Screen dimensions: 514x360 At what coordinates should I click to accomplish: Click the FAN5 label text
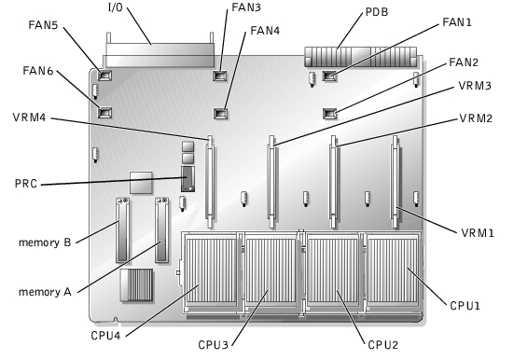pyautogui.click(x=43, y=25)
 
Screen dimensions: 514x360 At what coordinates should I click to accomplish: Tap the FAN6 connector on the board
pyautogui.click(x=104, y=113)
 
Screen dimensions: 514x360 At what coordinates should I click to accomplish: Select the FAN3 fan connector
pyautogui.click(x=220, y=76)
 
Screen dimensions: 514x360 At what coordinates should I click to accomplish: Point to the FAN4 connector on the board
pyautogui.click(x=221, y=114)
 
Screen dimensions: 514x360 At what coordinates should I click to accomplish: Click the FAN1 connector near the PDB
pyautogui.click(x=329, y=76)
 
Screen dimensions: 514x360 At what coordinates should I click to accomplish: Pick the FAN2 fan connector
pyautogui.click(x=330, y=114)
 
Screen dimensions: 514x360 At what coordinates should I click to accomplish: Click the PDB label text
pyautogui.click(x=377, y=12)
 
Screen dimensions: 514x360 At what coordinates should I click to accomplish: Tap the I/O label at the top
pyautogui.click(x=116, y=7)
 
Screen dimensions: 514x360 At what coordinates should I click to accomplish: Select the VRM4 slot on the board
pyautogui.click(x=210, y=181)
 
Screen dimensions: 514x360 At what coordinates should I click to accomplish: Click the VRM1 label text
pyautogui.click(x=478, y=233)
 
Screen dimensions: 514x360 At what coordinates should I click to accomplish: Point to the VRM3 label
pyautogui.click(x=475, y=86)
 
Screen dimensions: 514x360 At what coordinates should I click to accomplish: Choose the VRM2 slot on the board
pyautogui.click(x=334, y=181)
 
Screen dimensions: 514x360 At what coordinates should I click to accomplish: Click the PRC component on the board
pyautogui.click(x=188, y=179)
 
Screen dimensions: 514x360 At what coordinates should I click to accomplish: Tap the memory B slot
pyautogui.click(x=122, y=229)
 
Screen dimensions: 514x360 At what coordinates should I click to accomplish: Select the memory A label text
pyautogui.click(x=45, y=292)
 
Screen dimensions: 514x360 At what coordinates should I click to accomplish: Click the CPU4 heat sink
pyautogui.click(x=210, y=271)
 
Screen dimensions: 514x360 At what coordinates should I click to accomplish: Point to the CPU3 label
pyautogui.click(x=213, y=345)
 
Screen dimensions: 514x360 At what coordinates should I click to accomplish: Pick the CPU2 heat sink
pyautogui.click(x=332, y=271)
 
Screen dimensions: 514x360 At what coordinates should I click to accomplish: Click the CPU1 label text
pyautogui.click(x=465, y=306)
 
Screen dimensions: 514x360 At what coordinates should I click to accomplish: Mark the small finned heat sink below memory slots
pyautogui.click(x=136, y=284)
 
